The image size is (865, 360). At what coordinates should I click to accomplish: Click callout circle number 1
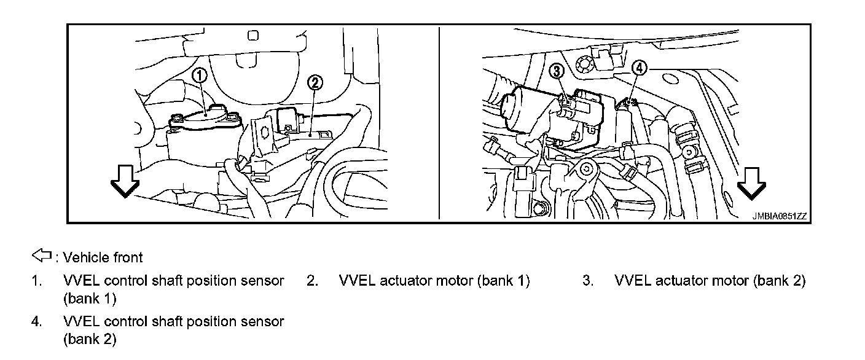(200, 76)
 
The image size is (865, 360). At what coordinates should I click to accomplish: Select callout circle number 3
(557, 71)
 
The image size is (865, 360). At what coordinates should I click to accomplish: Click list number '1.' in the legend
(37, 281)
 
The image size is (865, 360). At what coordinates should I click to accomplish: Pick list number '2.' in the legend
(313, 281)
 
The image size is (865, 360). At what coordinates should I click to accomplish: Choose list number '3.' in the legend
(588, 281)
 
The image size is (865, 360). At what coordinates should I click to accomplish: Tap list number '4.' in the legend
(37, 321)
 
